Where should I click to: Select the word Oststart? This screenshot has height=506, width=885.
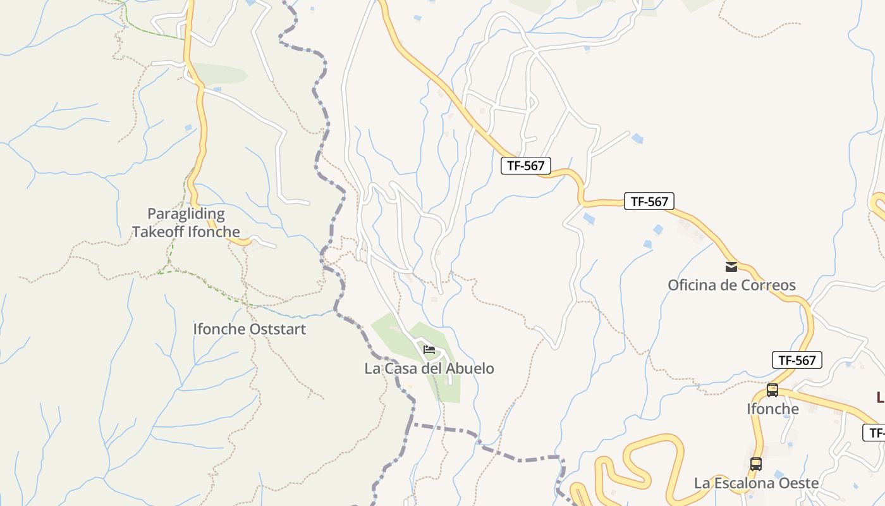[x=277, y=329]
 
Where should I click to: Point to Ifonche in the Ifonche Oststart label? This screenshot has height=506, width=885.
[x=219, y=329]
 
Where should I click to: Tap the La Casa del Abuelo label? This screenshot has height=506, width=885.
[x=429, y=368]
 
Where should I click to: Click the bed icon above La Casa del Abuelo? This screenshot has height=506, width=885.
[x=429, y=349]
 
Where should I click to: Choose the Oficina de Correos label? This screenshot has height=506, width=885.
[x=731, y=285]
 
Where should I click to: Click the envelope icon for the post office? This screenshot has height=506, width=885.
[x=731, y=266]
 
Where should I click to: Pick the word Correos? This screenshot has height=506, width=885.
[x=766, y=285]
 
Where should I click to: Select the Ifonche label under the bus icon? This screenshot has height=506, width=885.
[x=772, y=409]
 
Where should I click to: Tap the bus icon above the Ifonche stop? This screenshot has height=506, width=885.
[x=772, y=390]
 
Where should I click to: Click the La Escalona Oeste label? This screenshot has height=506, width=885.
[x=756, y=483]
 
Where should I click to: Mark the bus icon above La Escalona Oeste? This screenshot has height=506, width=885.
[x=756, y=464]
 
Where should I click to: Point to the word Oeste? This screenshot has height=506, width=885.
[x=798, y=483]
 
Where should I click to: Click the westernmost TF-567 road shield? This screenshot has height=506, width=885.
[x=526, y=166]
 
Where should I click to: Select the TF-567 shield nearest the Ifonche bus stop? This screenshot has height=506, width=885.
[x=797, y=360]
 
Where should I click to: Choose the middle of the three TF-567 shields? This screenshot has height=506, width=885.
[x=649, y=201]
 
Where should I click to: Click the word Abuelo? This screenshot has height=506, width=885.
[x=470, y=368]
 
